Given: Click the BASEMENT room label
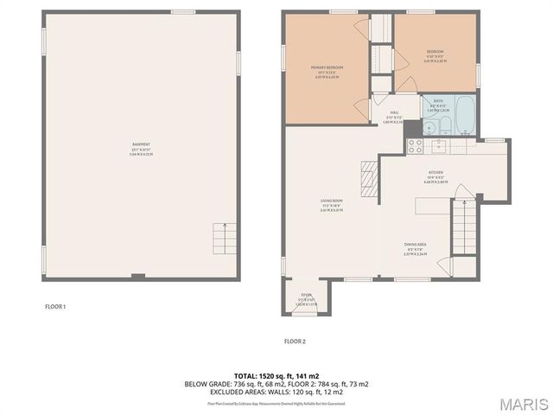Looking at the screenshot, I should [141, 144].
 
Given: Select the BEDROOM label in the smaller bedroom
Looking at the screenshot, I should [435, 50].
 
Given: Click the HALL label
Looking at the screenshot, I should [393, 112].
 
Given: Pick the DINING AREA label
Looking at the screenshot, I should [416, 245].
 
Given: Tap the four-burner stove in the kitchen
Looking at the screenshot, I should [414, 145].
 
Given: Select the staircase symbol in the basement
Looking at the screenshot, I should [226, 237].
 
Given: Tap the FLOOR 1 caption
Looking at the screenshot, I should [55, 307].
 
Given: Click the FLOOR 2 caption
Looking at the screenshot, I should [295, 342].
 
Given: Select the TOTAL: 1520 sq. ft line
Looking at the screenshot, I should [276, 376].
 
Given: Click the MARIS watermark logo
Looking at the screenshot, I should [522, 402].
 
